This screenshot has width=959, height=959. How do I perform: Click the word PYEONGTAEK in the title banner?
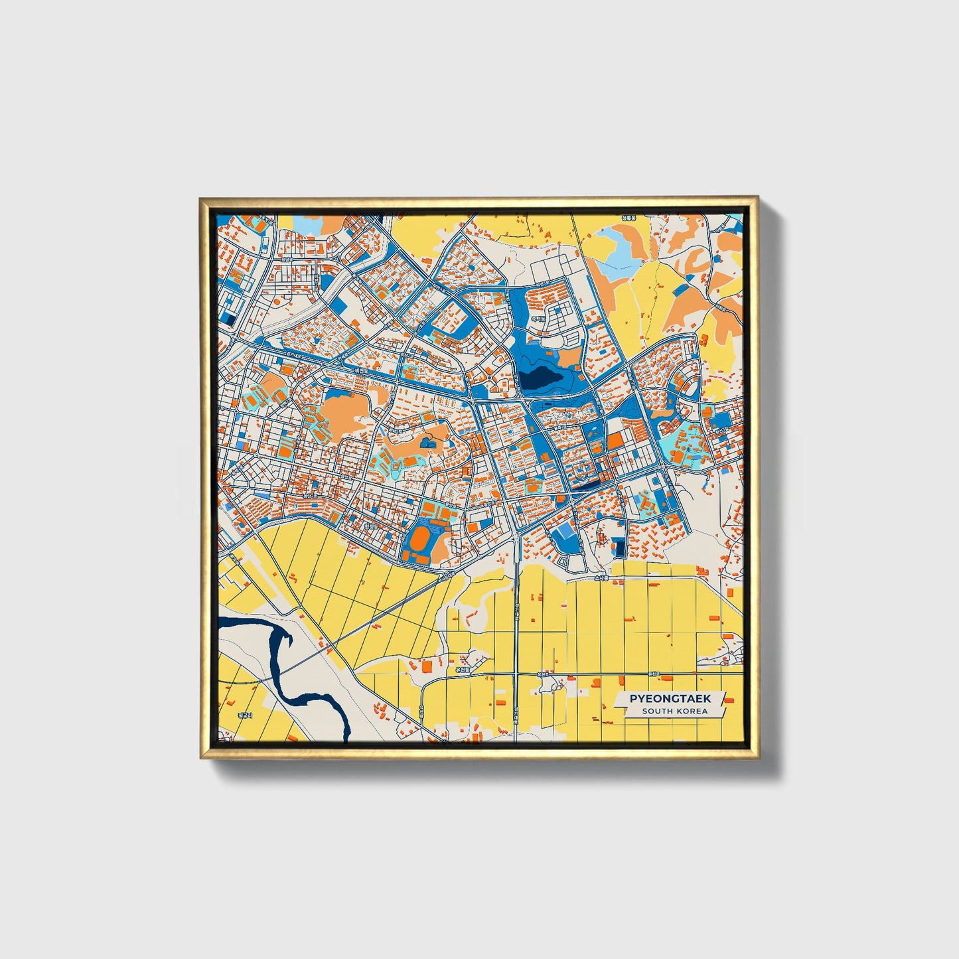670,698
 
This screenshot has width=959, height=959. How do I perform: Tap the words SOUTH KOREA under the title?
674,711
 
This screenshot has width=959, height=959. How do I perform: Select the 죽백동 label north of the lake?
537,319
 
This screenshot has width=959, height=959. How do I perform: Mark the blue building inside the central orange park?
428,441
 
